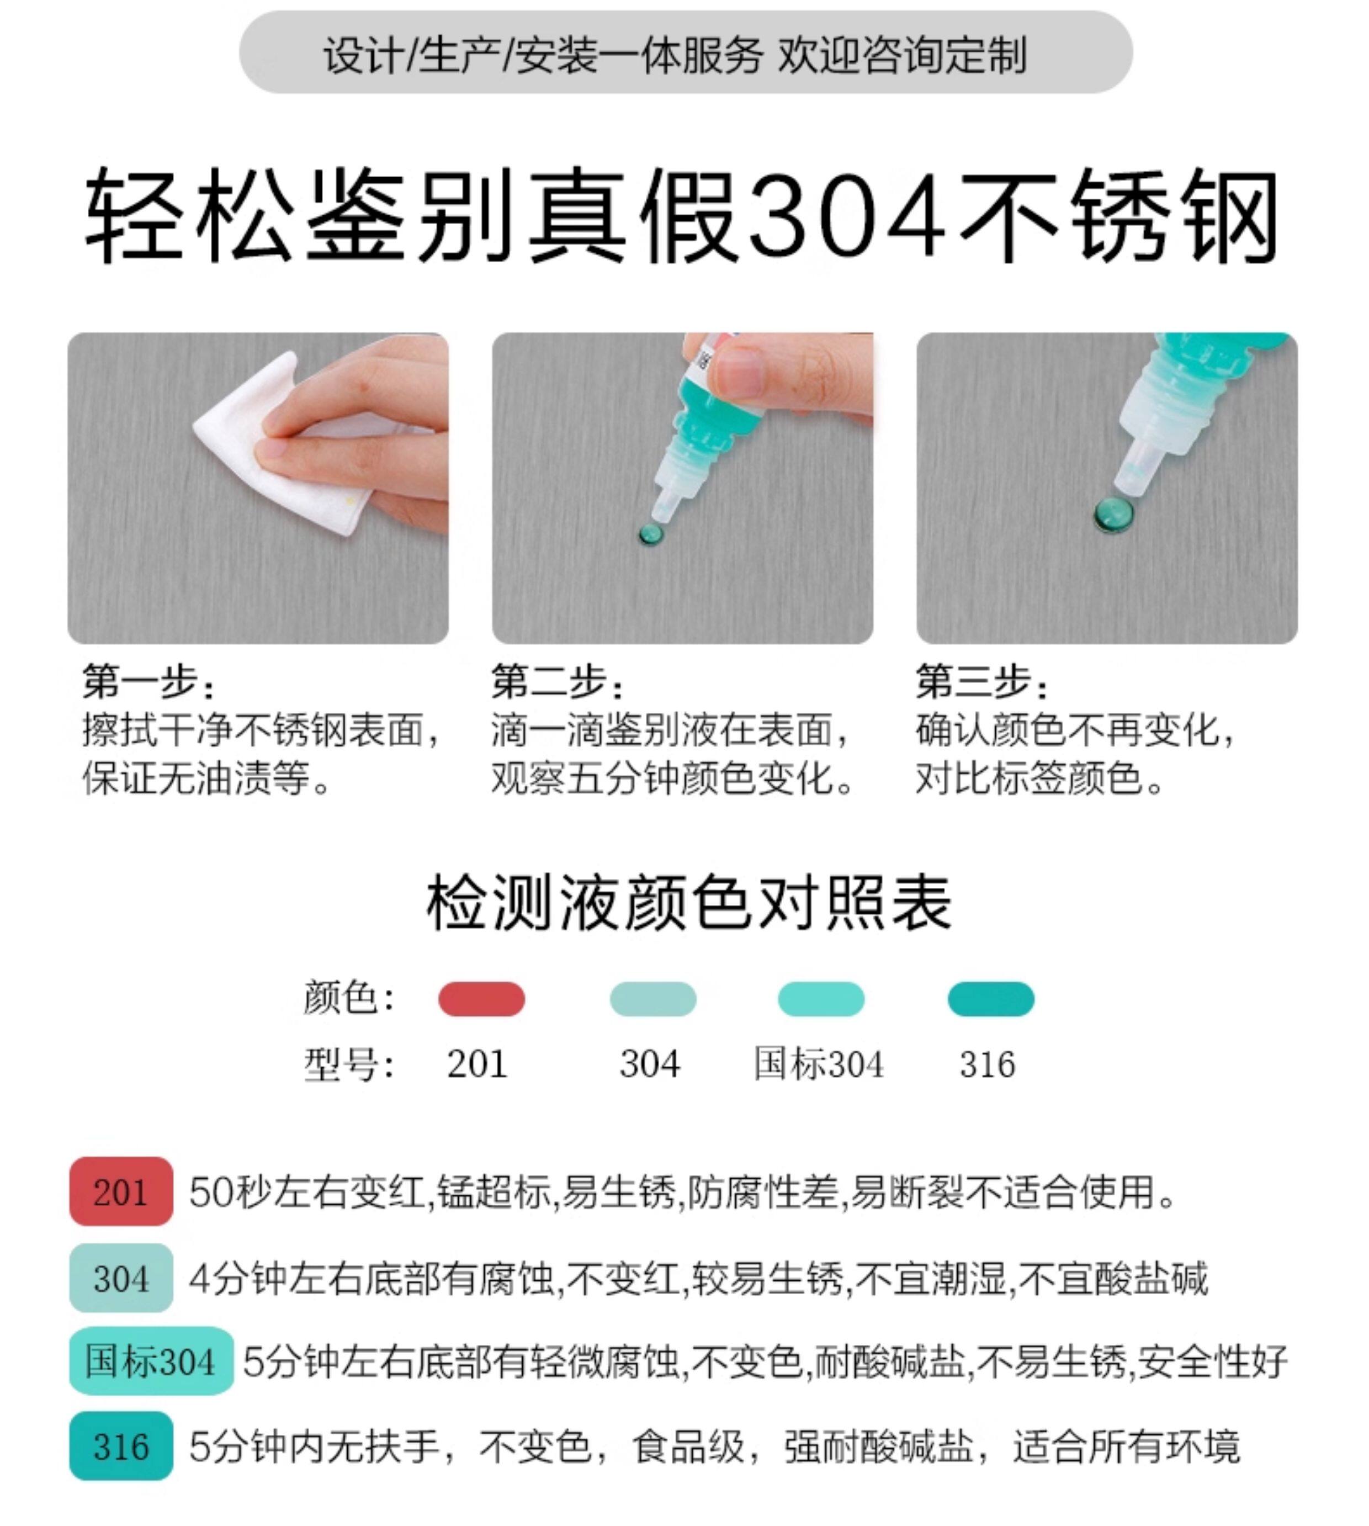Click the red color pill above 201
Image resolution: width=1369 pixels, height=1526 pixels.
[x=481, y=999]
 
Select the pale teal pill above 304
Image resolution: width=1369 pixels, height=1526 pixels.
[x=653, y=999]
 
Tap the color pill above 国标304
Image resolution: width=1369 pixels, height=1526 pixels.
[x=821, y=999]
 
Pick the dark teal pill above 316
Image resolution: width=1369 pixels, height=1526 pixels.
[x=991, y=999]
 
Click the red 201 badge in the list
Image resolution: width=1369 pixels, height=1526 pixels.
[x=121, y=1191]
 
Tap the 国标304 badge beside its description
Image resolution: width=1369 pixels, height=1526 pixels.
[x=151, y=1360]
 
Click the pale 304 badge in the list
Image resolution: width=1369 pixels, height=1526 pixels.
[x=121, y=1278]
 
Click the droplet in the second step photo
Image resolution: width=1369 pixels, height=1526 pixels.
[x=651, y=535]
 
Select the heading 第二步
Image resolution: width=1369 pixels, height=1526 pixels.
[x=556, y=682]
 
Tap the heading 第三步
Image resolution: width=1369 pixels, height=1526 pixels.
[x=981, y=682]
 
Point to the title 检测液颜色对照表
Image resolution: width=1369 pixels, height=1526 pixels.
[x=688, y=903]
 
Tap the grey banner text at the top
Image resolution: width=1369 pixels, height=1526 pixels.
[x=676, y=55]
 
